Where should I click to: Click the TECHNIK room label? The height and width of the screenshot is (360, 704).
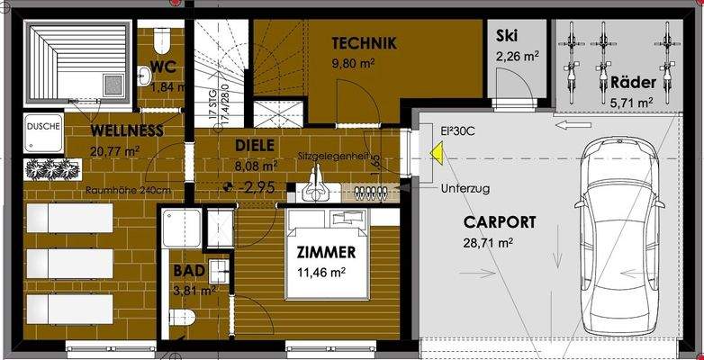pyautogui.click(x=364, y=43)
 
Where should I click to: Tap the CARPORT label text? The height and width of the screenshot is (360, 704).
pyautogui.click(x=500, y=222)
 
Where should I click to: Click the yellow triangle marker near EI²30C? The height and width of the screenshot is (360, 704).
pyautogui.click(x=436, y=154)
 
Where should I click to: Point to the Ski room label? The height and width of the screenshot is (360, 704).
pyautogui.click(x=507, y=37)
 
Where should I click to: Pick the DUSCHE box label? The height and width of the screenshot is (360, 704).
pyautogui.click(x=42, y=127)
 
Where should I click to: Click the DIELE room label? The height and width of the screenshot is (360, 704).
pyautogui.click(x=254, y=145)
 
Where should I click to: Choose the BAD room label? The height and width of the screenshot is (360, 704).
pyautogui.click(x=188, y=271)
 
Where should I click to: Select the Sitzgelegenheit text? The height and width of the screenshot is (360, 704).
pyautogui.click(x=333, y=156)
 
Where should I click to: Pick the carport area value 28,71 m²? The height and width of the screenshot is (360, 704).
pyautogui.click(x=487, y=243)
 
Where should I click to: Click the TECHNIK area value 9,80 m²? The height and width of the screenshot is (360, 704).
pyautogui.click(x=353, y=64)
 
